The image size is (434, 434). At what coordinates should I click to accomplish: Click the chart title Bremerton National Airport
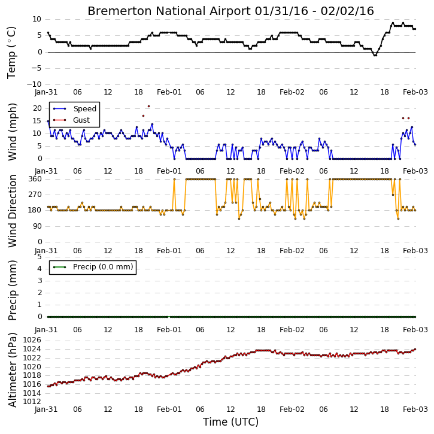pos(169,11)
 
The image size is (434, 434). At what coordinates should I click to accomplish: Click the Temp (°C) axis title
pos(11,53)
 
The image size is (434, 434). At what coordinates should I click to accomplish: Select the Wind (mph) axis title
pos(13,132)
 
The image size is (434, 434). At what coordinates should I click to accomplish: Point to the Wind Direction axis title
pos(13,211)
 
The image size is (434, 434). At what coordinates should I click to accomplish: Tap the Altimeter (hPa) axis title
pos(13,370)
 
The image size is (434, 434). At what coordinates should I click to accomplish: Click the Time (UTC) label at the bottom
pos(230,422)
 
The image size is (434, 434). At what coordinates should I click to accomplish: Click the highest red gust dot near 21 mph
pos(148,107)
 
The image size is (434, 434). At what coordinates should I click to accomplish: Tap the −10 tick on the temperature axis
pos(34,84)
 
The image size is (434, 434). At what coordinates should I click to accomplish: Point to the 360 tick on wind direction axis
pos(35,179)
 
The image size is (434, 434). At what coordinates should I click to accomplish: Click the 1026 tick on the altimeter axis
pos(32,340)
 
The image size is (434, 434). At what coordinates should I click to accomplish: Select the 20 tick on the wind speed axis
pos(37,108)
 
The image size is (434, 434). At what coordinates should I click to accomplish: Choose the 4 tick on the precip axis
pos(40,269)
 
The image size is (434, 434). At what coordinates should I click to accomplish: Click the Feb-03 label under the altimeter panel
pos(415,409)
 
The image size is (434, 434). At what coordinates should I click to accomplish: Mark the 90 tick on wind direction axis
pos(37,226)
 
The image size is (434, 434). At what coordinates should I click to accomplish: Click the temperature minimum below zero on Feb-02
pos(375,55)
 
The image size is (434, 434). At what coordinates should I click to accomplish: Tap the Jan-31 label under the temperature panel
pos(46,92)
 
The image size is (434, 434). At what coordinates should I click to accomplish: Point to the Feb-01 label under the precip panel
pos(169,330)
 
